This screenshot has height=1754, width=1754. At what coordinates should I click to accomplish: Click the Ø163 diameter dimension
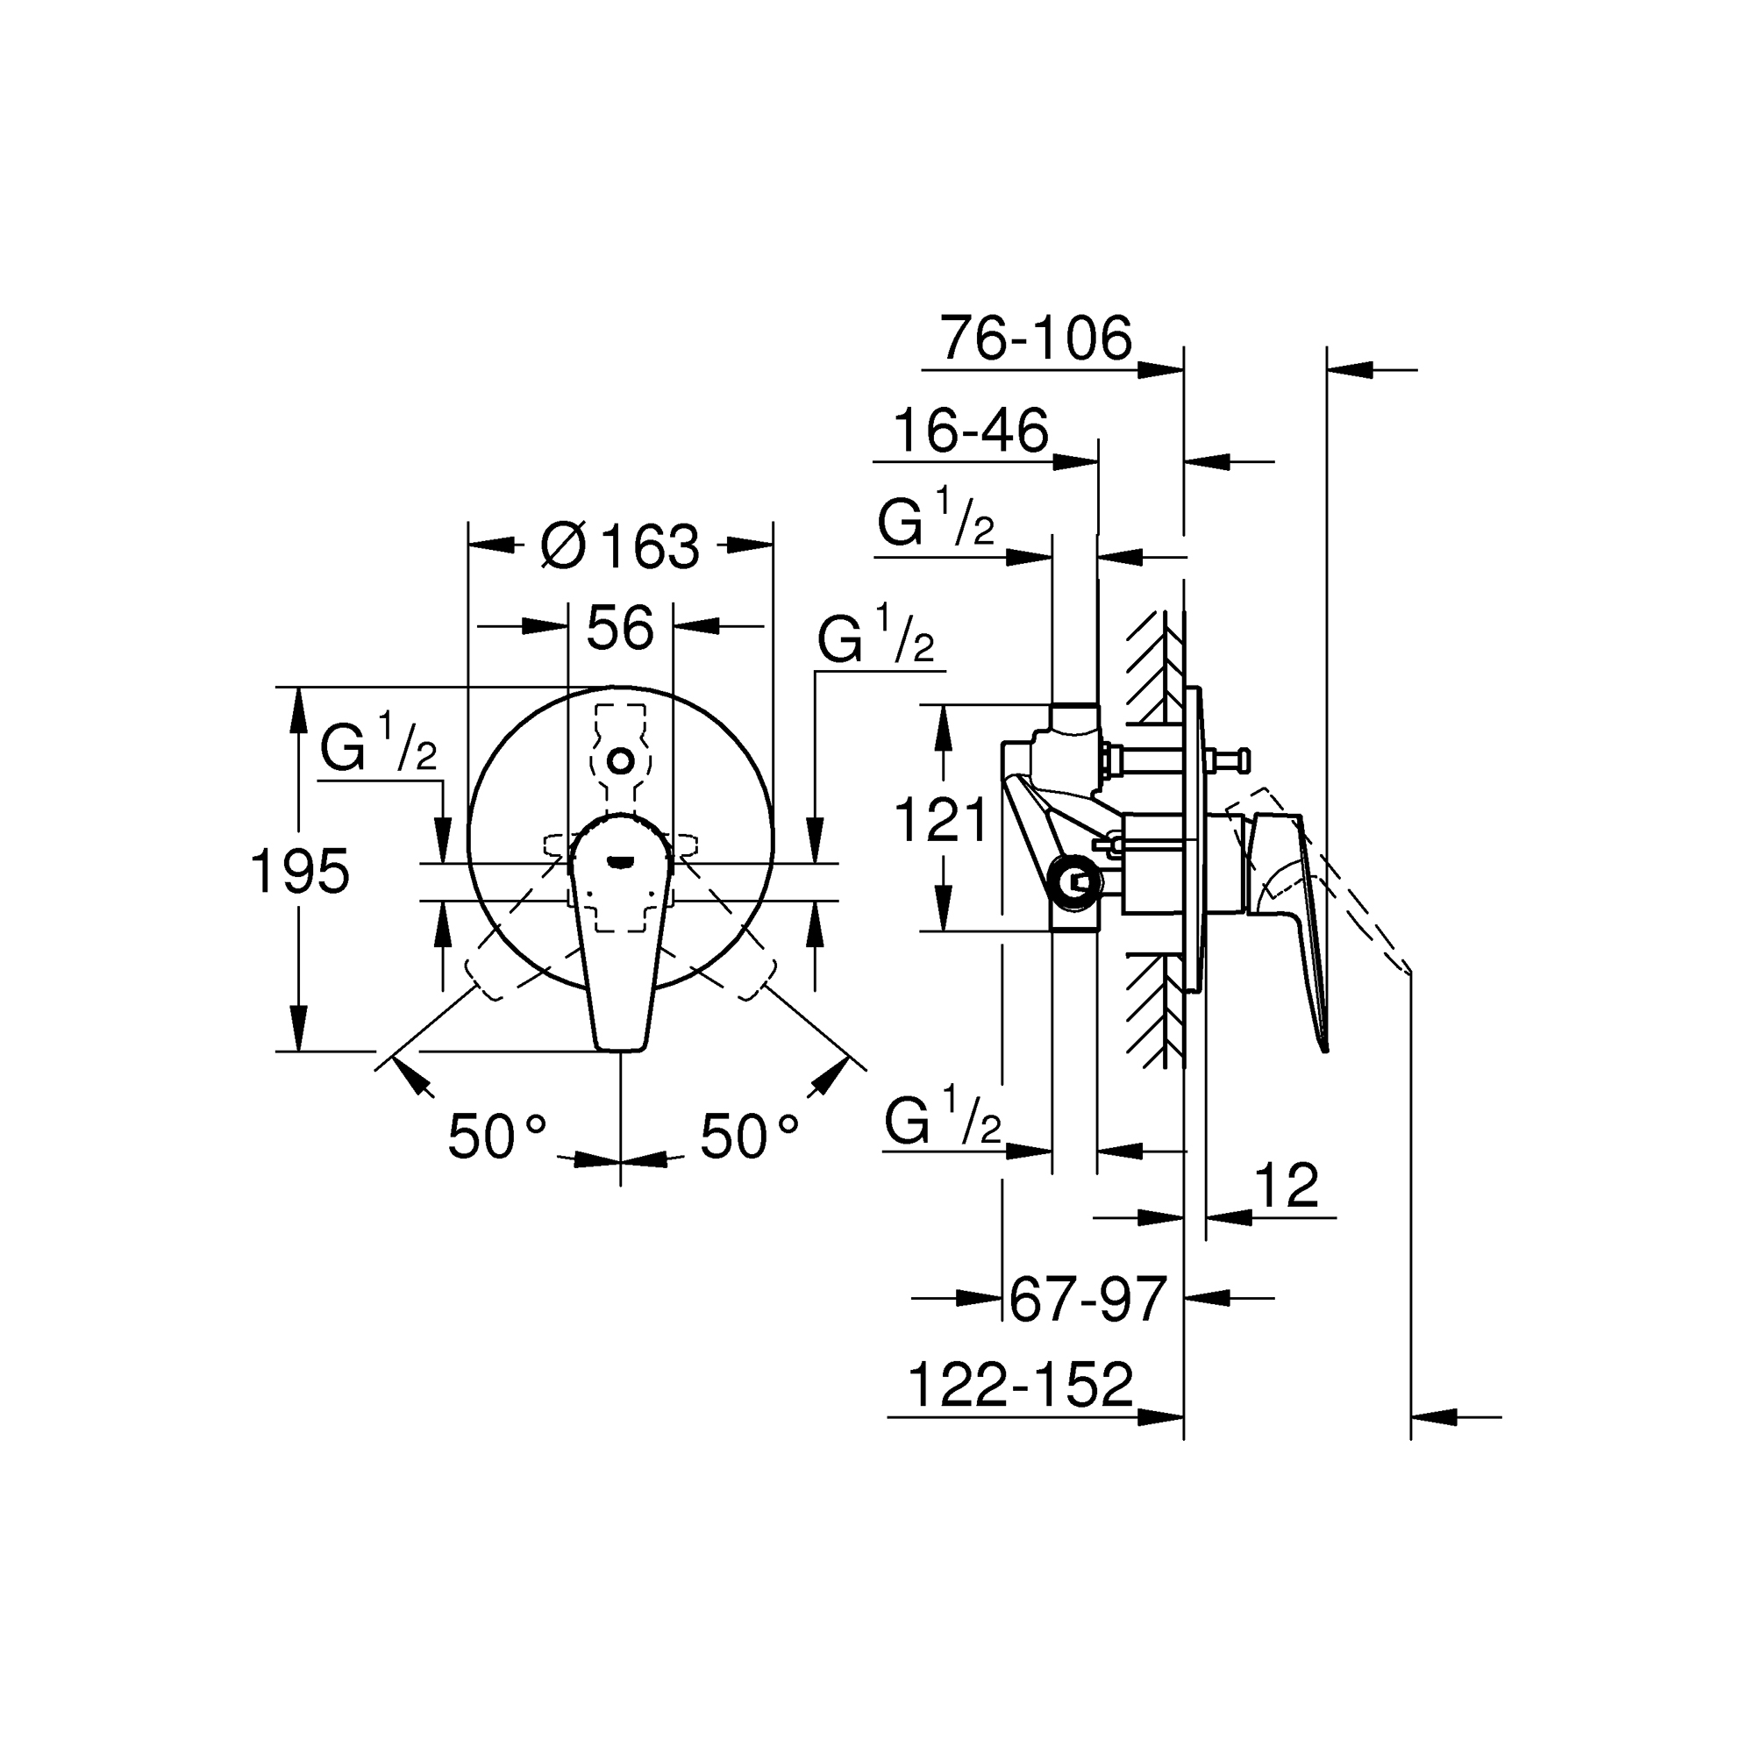coord(620,546)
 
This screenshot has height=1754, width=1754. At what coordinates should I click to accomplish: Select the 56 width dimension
coord(620,627)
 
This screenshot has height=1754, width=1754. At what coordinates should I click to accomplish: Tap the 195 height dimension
coord(300,871)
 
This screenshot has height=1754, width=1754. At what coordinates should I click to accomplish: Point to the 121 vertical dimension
coord(940,820)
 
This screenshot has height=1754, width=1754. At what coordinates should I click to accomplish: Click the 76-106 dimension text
coord(1037,338)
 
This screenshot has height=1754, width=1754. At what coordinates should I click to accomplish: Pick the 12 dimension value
coord(1286,1185)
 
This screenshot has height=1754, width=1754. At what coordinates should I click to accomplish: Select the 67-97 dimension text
coord(1087,1299)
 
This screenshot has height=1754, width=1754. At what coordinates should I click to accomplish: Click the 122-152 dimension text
coord(1021,1385)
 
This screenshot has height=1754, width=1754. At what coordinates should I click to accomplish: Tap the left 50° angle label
coord(498,1136)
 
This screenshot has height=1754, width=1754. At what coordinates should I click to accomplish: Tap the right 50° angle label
coord(750,1136)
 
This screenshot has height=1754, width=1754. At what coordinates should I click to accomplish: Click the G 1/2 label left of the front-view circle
coord(379,745)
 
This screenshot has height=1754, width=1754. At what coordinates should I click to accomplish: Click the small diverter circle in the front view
coord(621,759)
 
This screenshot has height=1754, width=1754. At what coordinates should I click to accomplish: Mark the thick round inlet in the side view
coord(1075,881)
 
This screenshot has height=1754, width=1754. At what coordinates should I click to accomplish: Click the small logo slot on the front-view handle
coord(621,859)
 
